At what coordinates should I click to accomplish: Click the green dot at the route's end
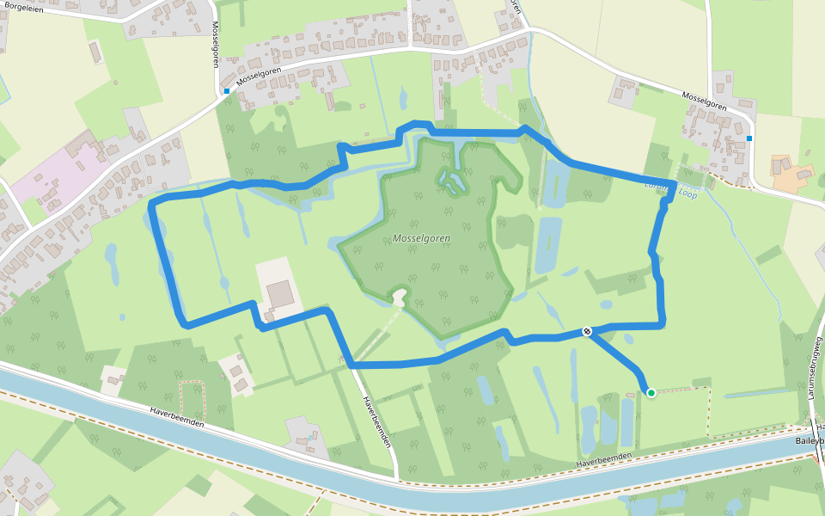651,393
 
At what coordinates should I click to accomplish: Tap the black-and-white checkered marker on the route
587,332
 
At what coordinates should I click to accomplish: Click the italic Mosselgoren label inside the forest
421,238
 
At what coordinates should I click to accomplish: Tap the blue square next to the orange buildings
749,138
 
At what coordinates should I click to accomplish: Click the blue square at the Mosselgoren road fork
227,90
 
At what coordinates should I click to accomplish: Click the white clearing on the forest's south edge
399,298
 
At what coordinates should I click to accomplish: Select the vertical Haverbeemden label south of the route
377,421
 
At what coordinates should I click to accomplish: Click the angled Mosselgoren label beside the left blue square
260,76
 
